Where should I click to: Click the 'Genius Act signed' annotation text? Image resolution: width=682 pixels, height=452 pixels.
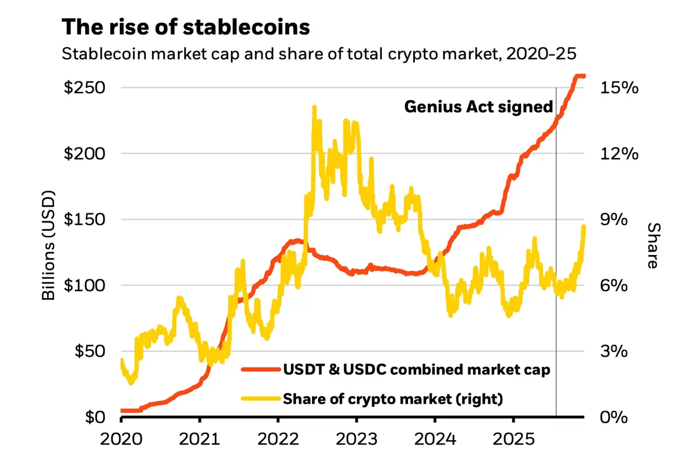pyautogui.click(x=478, y=107)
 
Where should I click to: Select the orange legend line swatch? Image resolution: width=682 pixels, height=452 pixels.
pyautogui.click(x=260, y=370)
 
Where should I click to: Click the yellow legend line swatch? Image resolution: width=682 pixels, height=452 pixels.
pyautogui.click(x=260, y=399)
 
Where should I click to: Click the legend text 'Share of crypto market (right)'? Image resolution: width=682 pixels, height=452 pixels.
pyautogui.click(x=393, y=399)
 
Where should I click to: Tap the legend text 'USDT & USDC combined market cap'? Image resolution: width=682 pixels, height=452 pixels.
pyautogui.click(x=417, y=370)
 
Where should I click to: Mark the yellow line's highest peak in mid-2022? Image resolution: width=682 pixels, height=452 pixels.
pyautogui.click(x=314, y=107)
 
